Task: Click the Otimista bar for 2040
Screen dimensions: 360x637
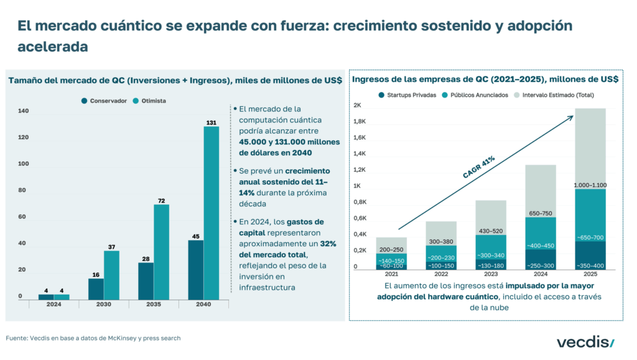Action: (211, 211)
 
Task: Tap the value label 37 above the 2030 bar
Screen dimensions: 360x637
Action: (111, 247)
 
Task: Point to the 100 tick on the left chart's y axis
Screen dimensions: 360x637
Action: (24, 164)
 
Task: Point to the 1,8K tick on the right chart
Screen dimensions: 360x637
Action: (361, 122)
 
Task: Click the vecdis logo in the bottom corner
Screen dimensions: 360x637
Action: (584, 341)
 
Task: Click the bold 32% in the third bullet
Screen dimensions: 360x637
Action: (328, 243)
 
